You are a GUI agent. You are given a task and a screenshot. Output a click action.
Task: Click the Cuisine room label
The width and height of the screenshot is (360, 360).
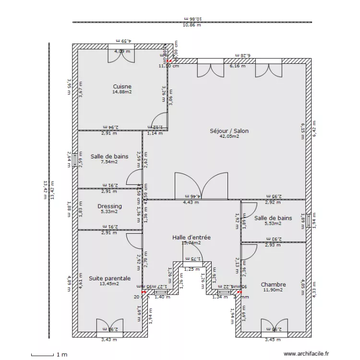coord(122,87)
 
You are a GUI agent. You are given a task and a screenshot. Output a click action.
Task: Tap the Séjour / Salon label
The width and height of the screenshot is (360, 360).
coord(229,131)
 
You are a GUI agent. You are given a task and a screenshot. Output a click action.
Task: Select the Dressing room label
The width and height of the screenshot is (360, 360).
coord(109,206)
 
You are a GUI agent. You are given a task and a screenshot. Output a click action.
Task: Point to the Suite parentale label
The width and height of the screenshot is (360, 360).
coord(109,278)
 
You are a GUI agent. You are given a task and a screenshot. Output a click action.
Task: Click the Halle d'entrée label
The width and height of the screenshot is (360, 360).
coord(191,237)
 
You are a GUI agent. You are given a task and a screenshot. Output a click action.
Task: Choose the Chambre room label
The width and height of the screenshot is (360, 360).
coord(274,284)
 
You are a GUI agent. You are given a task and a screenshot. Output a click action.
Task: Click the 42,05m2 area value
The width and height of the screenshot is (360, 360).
coord(229,136)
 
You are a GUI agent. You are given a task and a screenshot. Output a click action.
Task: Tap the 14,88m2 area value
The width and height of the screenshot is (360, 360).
coord(122,92)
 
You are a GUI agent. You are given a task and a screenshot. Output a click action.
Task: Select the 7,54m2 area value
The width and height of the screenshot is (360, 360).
coord(109,162)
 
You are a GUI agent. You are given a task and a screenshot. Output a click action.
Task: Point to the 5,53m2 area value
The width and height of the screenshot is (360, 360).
coord(273,223)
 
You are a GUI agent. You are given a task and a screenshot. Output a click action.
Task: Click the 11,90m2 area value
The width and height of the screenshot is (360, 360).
coord(274,289)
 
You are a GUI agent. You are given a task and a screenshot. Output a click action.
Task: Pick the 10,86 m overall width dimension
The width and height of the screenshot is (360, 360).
coord(192,25)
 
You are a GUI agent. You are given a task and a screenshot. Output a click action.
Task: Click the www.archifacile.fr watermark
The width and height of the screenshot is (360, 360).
coord(307,354)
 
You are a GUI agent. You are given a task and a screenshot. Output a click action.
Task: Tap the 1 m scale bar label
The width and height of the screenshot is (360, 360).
coord(61,355)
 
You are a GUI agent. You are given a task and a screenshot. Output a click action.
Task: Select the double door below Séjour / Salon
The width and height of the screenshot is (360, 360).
coord(201,186)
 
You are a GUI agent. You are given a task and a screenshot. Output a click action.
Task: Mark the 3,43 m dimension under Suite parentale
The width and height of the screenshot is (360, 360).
coord(109,340)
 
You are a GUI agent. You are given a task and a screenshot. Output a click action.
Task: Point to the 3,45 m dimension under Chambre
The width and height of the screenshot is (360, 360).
coord(272,340)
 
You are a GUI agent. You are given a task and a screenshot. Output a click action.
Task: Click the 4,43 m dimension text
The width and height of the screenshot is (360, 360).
coord(191,203)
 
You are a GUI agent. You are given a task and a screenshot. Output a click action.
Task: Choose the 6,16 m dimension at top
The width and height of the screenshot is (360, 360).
coord(237,66)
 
